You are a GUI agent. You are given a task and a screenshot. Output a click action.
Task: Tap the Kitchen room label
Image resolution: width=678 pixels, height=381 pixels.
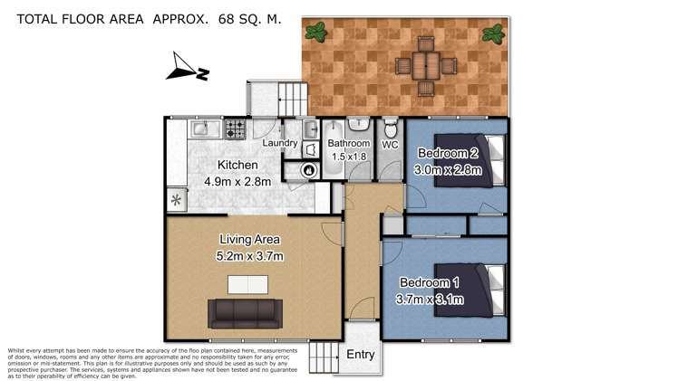pos(237,166)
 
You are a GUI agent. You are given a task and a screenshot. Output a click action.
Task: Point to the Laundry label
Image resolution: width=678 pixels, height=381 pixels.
pos(280,143)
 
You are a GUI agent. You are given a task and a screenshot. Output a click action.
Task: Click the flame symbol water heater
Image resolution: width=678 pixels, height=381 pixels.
pos(307,168)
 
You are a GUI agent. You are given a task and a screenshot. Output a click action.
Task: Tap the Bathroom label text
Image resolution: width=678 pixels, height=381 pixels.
pos(349,143)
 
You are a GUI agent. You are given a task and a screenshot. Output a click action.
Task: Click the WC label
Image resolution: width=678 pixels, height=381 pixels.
pos(391,144)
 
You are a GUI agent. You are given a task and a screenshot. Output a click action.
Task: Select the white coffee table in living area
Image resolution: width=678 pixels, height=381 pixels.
pos(247,285)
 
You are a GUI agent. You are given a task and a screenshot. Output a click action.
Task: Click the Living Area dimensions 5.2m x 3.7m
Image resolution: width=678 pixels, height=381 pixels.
pos(250,256)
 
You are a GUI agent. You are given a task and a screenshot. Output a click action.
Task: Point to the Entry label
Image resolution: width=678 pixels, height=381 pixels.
pos(360,355)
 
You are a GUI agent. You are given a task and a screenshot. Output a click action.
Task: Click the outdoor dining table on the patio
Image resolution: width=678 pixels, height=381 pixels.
pos(422,64)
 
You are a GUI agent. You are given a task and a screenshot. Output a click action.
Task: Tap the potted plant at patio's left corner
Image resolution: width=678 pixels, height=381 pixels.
pos(318,33)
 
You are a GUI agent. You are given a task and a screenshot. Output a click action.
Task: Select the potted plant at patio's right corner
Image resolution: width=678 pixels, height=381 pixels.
pos(492,34)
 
